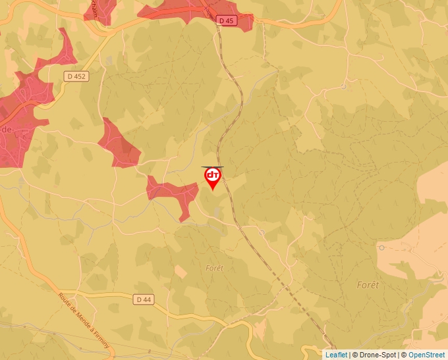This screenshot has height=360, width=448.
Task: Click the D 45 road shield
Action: (x=226, y=21)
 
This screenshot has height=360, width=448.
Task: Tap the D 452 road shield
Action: (x=76, y=76)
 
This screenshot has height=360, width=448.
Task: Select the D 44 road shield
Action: (x=143, y=299)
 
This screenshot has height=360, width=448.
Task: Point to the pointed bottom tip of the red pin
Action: (x=213, y=191)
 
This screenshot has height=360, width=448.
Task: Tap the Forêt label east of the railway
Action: (x=368, y=285)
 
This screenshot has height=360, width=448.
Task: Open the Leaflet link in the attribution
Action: (x=336, y=355)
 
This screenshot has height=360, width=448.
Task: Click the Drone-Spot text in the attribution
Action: (x=378, y=355)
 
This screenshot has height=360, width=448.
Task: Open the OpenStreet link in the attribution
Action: (x=426, y=355)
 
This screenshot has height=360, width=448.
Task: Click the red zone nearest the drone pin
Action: (x=173, y=192)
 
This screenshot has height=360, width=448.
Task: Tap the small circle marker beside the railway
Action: (x=262, y=232)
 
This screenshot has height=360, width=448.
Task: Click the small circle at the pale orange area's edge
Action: (x=381, y=247)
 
